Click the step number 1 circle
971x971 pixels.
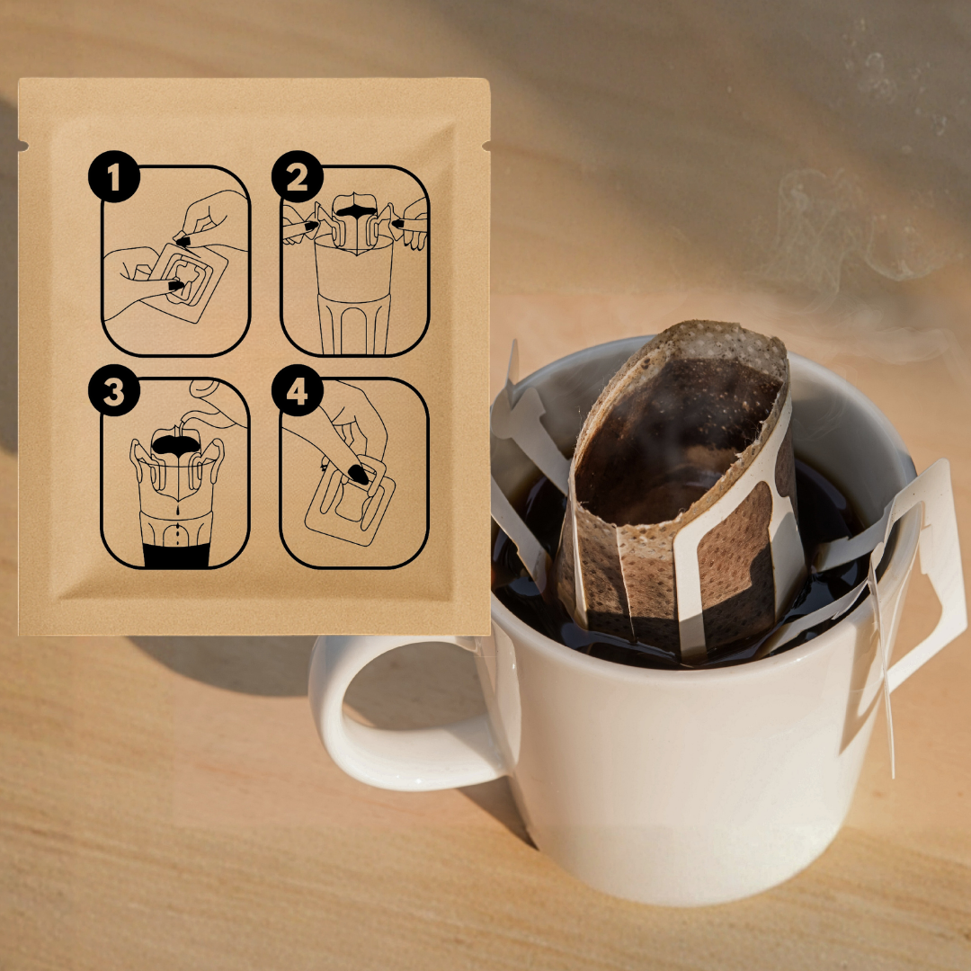coord(114,176)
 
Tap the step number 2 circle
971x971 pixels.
coord(298,176)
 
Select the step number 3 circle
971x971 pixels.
coord(114,390)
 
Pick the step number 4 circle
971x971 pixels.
coord(298,390)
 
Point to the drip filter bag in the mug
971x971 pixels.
coord(675,489)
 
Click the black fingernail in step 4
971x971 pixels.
coord(358,475)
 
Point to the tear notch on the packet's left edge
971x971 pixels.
coord(23,147)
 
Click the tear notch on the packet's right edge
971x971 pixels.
coord(486,147)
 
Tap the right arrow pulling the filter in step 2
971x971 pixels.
coord(398,224)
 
